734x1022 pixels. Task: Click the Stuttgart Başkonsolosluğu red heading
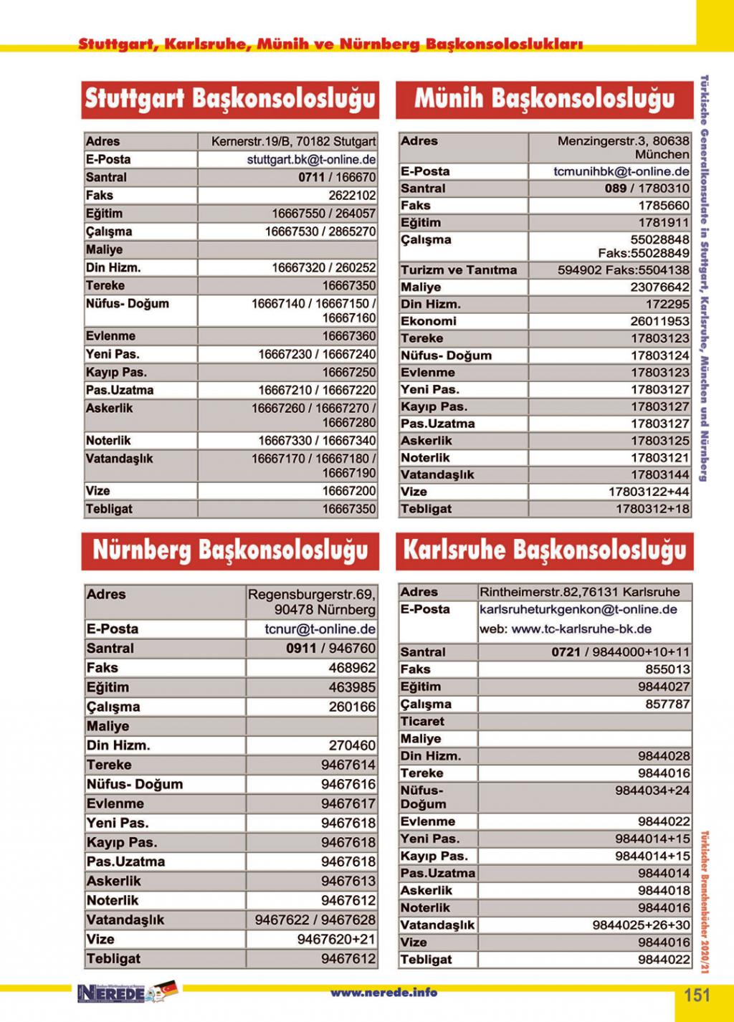230,99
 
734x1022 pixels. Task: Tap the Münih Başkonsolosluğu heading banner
544,99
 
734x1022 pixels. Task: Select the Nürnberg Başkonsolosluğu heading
230,550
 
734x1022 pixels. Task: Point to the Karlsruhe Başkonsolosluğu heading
544,550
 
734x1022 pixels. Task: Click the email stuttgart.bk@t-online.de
311,160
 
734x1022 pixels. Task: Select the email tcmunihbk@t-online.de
621,172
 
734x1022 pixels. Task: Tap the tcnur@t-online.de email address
320,629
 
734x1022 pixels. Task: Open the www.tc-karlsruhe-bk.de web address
581,629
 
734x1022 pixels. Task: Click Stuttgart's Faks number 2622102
352,196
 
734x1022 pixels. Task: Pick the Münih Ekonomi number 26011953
659,321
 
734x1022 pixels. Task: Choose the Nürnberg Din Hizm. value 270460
352,745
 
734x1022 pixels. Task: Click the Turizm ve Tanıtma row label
459,270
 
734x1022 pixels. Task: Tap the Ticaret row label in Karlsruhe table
422,722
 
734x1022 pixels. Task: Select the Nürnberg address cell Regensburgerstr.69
311,595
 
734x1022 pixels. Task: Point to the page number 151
696,995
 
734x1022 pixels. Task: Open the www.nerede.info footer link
383,993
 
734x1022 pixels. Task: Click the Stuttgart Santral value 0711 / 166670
337,178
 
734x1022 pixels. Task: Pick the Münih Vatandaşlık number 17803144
659,474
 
